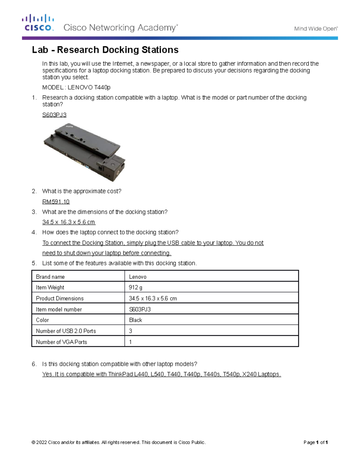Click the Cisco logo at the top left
[x=38, y=23]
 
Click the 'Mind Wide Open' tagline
[x=316, y=29]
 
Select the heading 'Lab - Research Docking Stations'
[x=105, y=50]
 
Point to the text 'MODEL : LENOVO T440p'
[x=76, y=87]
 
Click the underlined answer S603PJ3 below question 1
[x=54, y=115]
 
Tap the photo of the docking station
[x=85, y=152]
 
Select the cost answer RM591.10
[x=56, y=202]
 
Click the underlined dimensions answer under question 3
[x=69, y=222]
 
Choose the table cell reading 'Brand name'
[x=50, y=277]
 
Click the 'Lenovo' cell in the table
[x=138, y=277]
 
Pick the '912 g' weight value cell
[x=136, y=287]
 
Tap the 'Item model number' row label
[x=59, y=309]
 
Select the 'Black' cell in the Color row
[x=136, y=320]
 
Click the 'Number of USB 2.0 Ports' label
[x=66, y=331]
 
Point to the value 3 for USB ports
[x=130, y=331]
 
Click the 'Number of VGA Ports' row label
[x=61, y=342]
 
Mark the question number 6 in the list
[x=34, y=364]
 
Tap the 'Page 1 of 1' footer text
[x=315, y=442]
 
